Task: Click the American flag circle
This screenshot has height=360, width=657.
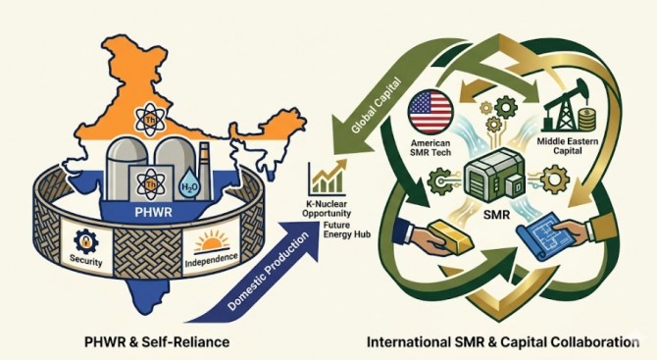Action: pos(430,112)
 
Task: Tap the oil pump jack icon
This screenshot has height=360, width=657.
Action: pos(562,106)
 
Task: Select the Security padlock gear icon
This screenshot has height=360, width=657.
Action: pos(86,241)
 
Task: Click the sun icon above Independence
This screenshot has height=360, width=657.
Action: pos(212,243)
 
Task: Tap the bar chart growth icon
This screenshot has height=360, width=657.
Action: pos(328,179)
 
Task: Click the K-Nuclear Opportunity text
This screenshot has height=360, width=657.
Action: pos(327,209)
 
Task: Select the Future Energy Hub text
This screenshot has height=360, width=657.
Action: pos(347,230)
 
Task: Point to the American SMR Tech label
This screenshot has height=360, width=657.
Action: pos(430,147)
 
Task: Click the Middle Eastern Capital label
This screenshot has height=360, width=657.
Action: pos(568,146)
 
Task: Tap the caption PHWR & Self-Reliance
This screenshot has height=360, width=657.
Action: pos(157,341)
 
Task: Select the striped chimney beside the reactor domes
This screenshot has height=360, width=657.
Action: pos(205,171)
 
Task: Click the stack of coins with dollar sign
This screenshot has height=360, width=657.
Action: pos(585,119)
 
